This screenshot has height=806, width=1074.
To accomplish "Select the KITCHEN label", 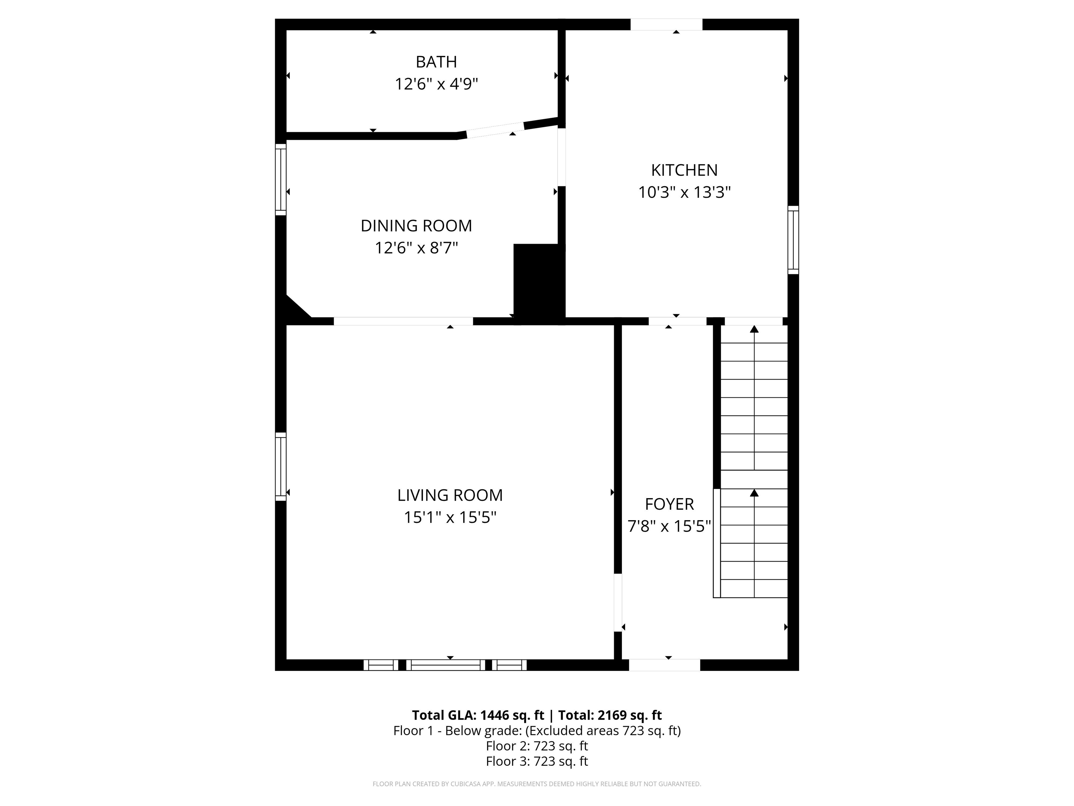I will (684, 170).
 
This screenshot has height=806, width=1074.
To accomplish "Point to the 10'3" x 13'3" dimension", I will (684, 193).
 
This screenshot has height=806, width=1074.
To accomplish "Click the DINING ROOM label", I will (416, 226).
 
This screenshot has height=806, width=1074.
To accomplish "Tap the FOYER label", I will (669, 504).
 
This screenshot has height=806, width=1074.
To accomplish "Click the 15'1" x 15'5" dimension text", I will (450, 518).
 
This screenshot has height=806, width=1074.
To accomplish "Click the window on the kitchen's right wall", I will (793, 240).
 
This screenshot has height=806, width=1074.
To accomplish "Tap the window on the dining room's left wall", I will (281, 179).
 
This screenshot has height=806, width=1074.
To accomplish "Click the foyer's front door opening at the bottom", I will (664, 665).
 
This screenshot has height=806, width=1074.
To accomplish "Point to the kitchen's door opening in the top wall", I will (666, 24).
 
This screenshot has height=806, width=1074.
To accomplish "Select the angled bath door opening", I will (495, 130).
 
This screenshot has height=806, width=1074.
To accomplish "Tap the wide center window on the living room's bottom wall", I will (445, 665).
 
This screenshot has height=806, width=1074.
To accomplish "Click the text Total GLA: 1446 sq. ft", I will (478, 715).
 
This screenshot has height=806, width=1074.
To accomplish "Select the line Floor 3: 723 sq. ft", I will (537, 761).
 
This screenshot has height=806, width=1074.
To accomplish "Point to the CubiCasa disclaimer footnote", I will (537, 784).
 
